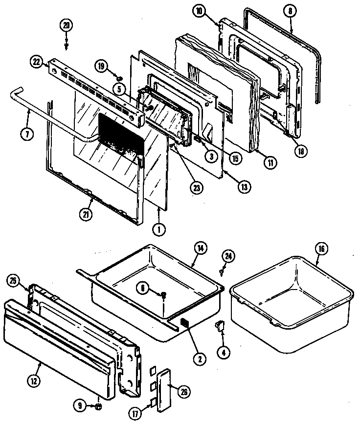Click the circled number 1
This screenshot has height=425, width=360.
158,227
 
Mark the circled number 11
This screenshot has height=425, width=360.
269,163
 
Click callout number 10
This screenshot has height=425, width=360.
198,12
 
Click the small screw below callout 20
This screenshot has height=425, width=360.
66,45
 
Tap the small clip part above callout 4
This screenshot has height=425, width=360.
219,325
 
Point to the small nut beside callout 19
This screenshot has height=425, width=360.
119,77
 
